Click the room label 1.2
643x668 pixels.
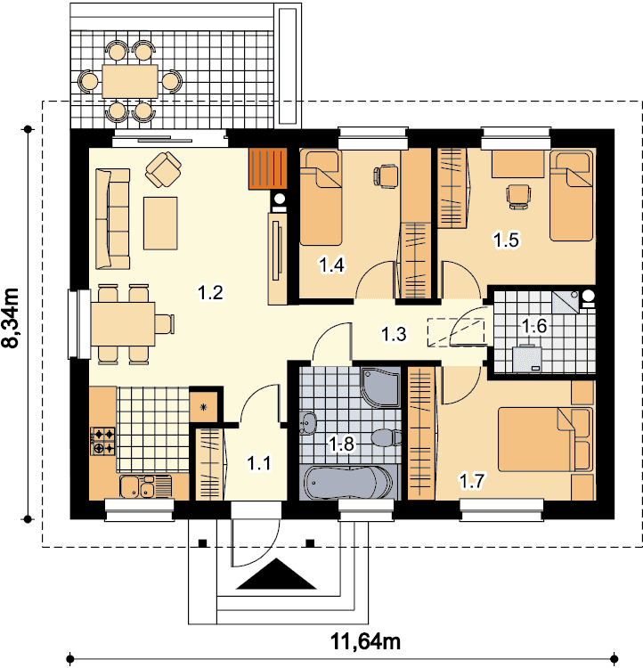(x=210, y=293)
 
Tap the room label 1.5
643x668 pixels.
(x=506, y=240)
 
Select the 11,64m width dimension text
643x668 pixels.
(x=365, y=641)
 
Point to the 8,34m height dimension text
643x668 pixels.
(x=11, y=318)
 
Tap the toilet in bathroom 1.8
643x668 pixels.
(x=387, y=437)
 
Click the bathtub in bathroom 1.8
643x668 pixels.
(x=348, y=482)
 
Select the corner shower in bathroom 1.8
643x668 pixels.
(x=380, y=387)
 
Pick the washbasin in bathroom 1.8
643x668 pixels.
(x=307, y=423)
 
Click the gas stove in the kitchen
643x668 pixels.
(x=102, y=442)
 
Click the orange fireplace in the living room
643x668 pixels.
(x=267, y=168)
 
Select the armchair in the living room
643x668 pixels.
(x=163, y=169)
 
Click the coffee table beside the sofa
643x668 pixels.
(x=160, y=223)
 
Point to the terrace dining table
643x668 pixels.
(x=130, y=81)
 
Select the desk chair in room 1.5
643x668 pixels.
(x=518, y=197)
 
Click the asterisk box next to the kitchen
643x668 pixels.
(x=203, y=408)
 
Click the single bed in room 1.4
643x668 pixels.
(x=321, y=198)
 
